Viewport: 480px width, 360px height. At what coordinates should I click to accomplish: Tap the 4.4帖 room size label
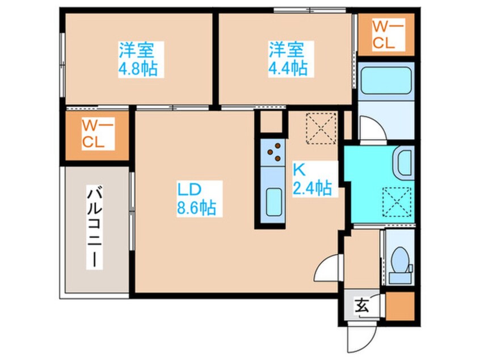tap(288, 68)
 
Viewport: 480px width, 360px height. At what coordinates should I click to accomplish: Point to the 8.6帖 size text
tap(195, 208)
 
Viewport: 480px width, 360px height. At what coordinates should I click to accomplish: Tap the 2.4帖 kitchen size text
tap(312, 187)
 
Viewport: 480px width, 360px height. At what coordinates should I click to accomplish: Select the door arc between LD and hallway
tap(327, 270)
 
